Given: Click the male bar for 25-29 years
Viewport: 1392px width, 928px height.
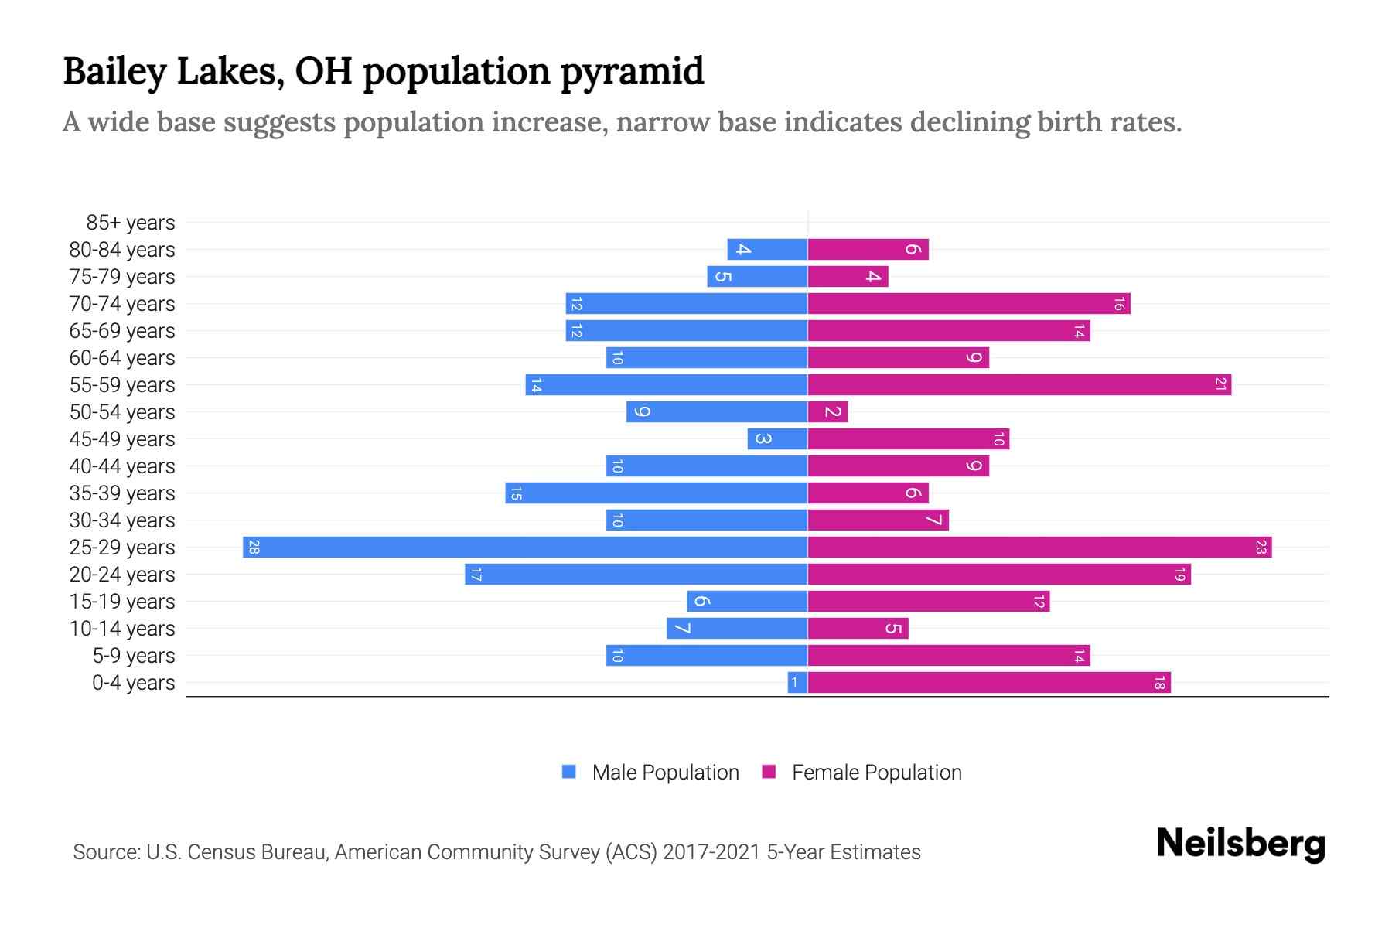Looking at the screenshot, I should (525, 548).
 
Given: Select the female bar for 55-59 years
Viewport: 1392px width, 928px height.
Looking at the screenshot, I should (1019, 385).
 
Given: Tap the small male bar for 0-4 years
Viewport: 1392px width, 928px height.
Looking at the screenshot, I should (797, 683).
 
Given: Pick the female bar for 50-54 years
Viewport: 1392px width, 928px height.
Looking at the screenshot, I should (827, 412).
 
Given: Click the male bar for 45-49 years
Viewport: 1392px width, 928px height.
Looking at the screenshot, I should (777, 439).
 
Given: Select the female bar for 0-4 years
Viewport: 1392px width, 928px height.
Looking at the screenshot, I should (989, 683).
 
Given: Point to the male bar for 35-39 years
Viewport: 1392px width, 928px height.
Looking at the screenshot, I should (657, 493).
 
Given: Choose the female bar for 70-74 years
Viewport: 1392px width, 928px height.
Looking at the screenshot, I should (969, 304).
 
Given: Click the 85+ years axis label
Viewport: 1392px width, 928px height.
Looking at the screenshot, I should (131, 223).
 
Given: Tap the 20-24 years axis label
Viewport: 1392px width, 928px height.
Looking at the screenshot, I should (122, 575).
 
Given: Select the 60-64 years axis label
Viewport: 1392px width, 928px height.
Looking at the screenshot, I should (122, 358).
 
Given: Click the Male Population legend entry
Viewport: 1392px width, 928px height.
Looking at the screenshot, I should (665, 773).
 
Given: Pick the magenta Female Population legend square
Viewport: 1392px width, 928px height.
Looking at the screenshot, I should (769, 772).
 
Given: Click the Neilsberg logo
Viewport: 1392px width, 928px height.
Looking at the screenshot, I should (1240, 844).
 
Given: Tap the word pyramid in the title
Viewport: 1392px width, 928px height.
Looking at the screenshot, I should (632, 71).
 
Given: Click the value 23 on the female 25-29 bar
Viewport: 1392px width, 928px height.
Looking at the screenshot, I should (1261, 548).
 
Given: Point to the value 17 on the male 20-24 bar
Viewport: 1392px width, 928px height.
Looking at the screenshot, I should (476, 575).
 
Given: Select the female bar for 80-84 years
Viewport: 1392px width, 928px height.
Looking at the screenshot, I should (868, 250).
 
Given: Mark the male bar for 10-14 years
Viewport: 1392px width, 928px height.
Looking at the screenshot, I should (737, 629).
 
